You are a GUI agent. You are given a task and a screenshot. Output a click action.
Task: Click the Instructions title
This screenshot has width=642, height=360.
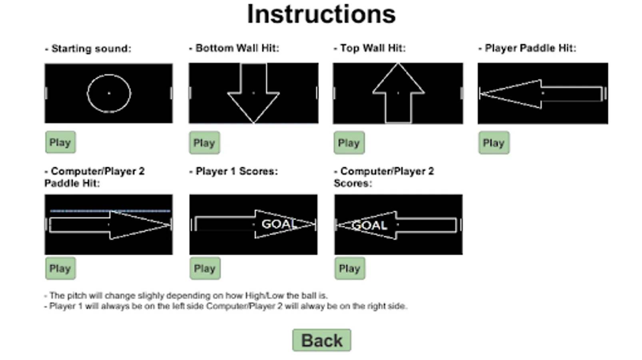(321, 14)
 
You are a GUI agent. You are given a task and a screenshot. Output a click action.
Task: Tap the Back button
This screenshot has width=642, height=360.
(321, 340)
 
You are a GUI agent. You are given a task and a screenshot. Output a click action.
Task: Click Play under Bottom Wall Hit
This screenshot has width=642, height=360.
(204, 143)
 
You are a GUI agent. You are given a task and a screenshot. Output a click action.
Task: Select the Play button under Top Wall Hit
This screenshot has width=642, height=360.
(349, 143)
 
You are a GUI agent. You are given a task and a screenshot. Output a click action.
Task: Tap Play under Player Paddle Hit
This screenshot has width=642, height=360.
(494, 143)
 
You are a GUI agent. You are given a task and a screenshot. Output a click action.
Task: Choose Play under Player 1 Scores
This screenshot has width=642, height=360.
(205, 268)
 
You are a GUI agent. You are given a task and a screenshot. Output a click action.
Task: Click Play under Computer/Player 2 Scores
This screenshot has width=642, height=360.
(349, 268)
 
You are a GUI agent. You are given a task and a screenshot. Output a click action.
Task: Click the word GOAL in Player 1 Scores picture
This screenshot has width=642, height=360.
(278, 224)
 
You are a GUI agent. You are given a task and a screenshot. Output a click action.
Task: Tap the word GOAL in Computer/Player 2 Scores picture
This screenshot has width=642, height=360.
(369, 225)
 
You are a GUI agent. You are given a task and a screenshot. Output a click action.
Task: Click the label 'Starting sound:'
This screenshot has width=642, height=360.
(91, 49)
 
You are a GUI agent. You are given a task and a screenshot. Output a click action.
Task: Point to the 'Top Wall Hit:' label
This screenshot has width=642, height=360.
(373, 48)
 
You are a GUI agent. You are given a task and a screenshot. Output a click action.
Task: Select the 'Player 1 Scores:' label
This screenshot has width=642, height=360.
(236, 172)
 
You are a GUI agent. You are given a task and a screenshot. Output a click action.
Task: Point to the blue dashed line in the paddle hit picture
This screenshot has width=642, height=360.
(110, 210)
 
